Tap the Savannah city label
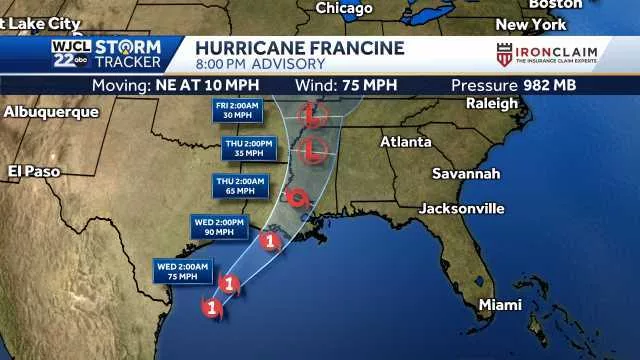click(466, 174)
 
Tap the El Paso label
click(34, 172)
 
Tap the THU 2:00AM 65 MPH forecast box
click(241, 185)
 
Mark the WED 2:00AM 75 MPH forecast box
click(182, 269)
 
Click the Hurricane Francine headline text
click(300, 48)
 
